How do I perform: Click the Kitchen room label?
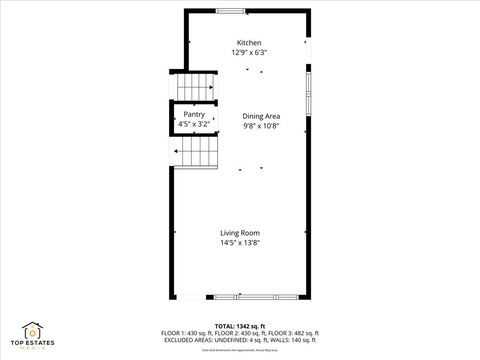pos(248,42)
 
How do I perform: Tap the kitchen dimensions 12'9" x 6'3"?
pos(248,52)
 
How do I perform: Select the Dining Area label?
pos(260,117)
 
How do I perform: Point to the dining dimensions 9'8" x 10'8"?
pos(260,127)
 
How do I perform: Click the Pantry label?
pos(195,114)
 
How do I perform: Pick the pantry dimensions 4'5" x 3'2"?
pos(195,124)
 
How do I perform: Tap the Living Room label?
pos(240,233)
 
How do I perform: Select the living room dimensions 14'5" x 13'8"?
pos(240,243)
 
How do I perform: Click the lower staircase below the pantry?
pos(197,152)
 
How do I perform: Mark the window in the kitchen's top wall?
pos(237,10)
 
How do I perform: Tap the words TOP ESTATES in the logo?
pos(35,341)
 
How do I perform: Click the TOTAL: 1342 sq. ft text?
pos(239,325)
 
